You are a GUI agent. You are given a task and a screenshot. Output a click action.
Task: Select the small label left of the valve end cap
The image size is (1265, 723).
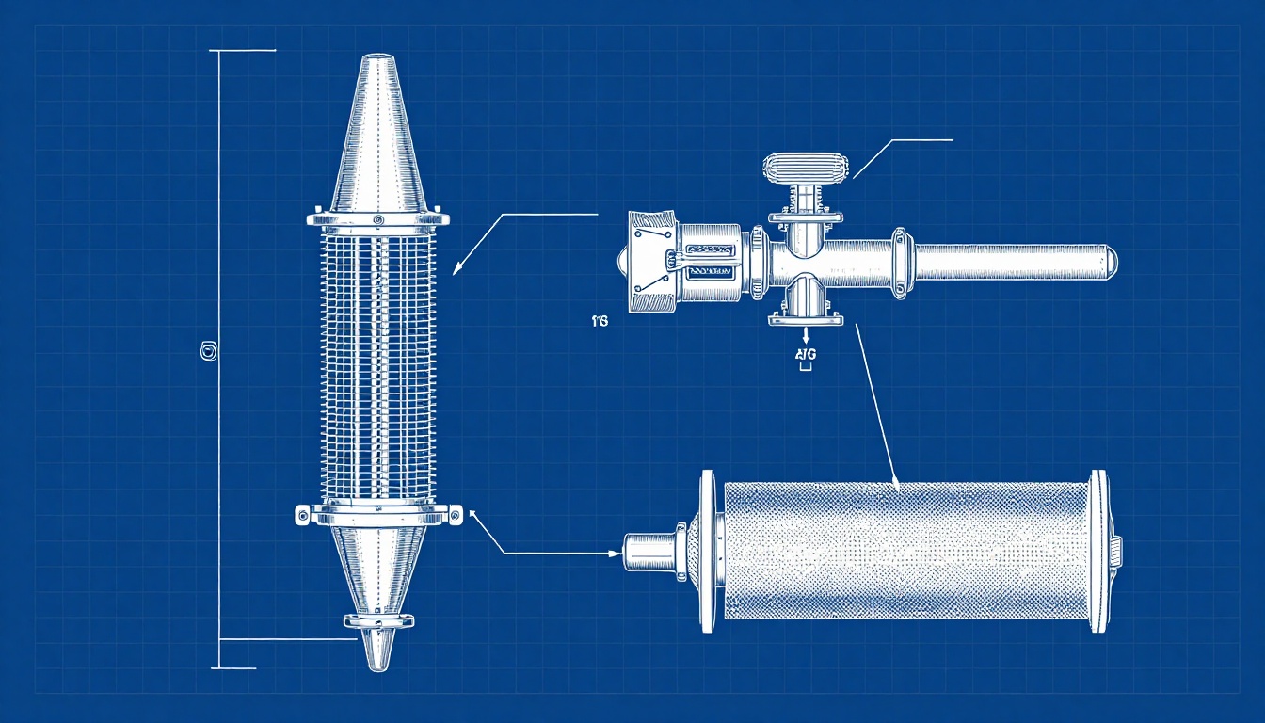pos(600,322)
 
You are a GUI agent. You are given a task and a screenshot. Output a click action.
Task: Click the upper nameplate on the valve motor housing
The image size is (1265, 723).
pos(712,249)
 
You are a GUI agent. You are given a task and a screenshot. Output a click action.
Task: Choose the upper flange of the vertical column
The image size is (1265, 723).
pos(376,219)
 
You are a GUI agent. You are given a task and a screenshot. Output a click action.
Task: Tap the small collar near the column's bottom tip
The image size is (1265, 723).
pos(378,620)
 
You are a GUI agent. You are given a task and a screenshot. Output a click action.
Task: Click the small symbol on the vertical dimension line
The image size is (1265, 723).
pos(209,352)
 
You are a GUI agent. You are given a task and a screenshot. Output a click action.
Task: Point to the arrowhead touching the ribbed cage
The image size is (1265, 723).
pos(457,269)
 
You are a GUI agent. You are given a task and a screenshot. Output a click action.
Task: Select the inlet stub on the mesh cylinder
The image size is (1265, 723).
pos(649,553)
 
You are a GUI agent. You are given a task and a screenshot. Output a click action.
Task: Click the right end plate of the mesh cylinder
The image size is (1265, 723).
pos(1098,551)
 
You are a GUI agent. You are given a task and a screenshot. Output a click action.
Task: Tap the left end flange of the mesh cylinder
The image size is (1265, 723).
pos(707,552)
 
